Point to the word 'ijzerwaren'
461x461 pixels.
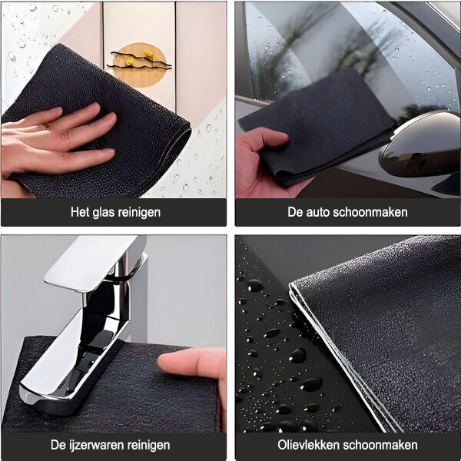94,445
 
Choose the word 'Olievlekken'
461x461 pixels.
309,445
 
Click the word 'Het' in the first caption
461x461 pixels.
80,212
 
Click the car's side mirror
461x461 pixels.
420,145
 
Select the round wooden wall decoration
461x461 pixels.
140,65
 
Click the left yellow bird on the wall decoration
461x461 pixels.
129,61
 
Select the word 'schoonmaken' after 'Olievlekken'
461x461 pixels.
380,445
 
